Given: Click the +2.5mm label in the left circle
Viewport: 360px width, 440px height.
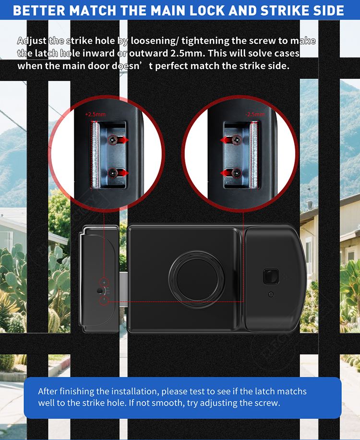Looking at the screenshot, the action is (95, 115).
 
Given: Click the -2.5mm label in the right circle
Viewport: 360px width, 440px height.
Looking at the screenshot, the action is (255, 115).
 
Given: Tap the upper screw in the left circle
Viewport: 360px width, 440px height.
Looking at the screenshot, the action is (113, 140).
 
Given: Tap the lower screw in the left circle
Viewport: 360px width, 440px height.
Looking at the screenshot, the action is (113, 173).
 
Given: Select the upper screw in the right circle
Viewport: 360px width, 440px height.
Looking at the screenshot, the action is (237, 140).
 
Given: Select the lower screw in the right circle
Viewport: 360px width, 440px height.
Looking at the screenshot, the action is (237, 173).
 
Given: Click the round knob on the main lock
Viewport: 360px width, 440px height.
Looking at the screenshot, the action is (197, 279).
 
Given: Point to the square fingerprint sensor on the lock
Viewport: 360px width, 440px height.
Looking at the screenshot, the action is (271, 276).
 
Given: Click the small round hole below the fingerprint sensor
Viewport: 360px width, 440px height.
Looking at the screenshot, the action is (271, 294).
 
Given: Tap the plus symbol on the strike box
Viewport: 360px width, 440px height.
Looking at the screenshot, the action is (104, 283).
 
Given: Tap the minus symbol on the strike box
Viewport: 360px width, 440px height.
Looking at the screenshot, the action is (104, 300).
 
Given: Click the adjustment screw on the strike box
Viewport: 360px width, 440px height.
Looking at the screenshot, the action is (99, 291).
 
